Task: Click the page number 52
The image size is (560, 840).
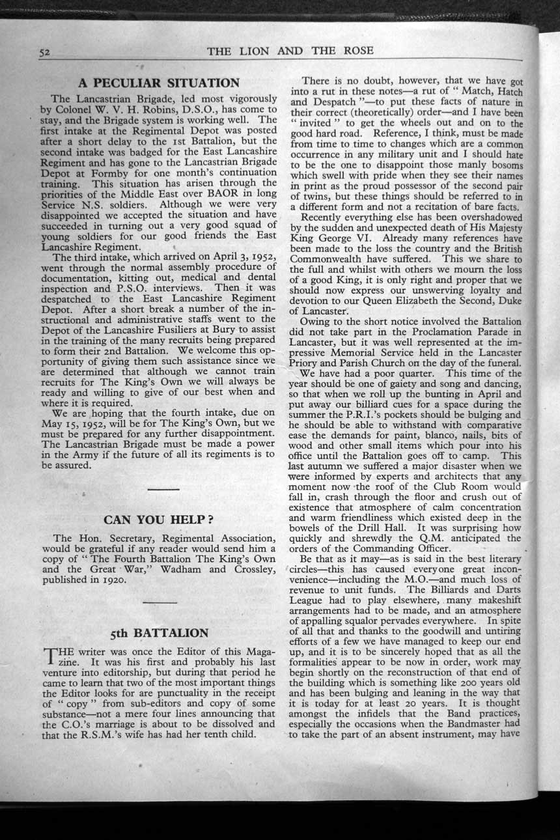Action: click(44, 52)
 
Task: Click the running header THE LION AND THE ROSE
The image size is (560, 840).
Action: click(290, 51)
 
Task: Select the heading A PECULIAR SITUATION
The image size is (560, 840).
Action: click(159, 83)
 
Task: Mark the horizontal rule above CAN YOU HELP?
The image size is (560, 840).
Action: click(162, 488)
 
